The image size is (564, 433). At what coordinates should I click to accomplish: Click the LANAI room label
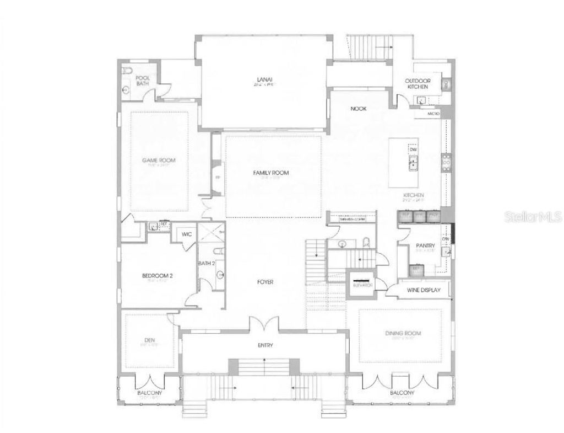pyautogui.click(x=263, y=78)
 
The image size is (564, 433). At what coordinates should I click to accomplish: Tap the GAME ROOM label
pyautogui.click(x=159, y=161)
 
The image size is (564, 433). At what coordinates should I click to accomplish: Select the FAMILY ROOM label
pyautogui.click(x=271, y=173)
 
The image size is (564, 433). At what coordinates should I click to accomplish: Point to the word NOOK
pyautogui.click(x=359, y=109)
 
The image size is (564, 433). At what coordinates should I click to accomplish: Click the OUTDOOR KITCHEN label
pyautogui.click(x=419, y=83)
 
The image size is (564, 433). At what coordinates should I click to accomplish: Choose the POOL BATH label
pyautogui.click(x=143, y=81)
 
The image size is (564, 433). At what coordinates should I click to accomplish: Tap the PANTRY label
pyautogui.click(x=426, y=246)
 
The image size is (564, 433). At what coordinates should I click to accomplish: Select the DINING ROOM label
pyautogui.click(x=403, y=333)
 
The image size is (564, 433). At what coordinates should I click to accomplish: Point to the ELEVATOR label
pyautogui.click(x=364, y=285)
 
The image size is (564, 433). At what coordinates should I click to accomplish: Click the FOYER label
pyautogui.click(x=265, y=282)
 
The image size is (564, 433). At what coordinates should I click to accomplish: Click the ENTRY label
pyautogui.click(x=265, y=345)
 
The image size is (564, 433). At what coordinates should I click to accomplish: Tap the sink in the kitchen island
pyautogui.click(x=413, y=163)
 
